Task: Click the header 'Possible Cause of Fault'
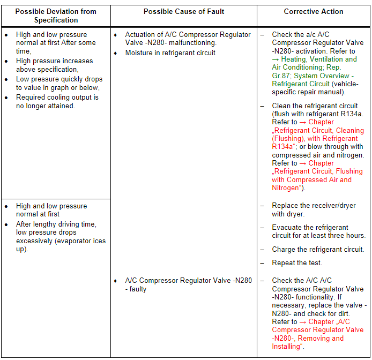pos(183,12)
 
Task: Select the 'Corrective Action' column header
pos(314,12)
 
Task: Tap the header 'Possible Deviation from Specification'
pos(56,16)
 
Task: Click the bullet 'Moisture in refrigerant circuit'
pos(170,52)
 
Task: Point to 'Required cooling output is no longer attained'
pos(57,101)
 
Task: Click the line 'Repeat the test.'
pos(297,262)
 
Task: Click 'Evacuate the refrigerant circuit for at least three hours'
pos(318,231)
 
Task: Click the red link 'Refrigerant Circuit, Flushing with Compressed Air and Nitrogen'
pos(317,175)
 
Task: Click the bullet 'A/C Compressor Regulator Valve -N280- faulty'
pos(188,284)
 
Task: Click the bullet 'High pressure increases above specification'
pos(54,65)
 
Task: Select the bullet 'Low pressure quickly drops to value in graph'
pos(58,83)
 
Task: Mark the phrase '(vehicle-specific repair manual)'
pos(308,88)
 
